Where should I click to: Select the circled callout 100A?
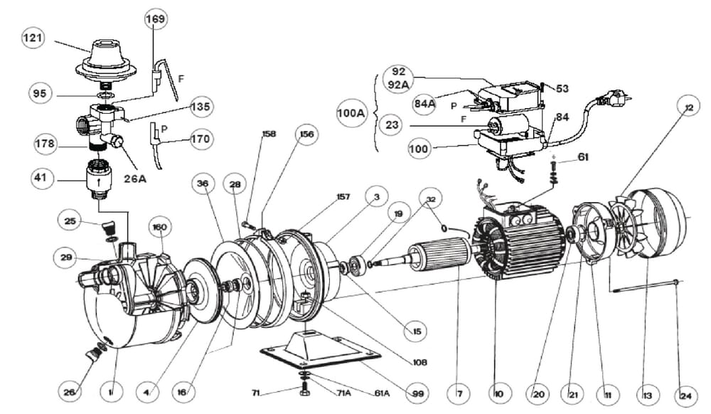(x=351, y=112)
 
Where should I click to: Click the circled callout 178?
(x=44, y=144)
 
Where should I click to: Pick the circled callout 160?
(x=159, y=228)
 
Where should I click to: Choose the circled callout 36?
(x=203, y=184)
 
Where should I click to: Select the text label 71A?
(x=340, y=393)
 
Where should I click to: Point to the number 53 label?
(x=562, y=89)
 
